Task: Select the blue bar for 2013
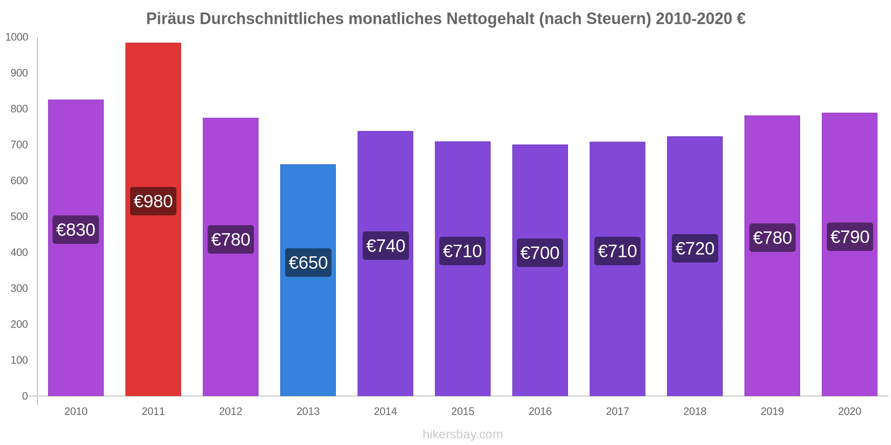(308, 320)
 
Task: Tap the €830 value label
(76, 230)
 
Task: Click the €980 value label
(153, 201)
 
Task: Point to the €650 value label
(308, 263)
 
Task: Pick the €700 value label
(540, 253)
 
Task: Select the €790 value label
(850, 237)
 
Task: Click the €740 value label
(385, 246)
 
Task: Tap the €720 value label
(695, 248)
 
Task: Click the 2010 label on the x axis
(76, 411)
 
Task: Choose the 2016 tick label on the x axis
(540, 411)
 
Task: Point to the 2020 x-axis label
(850, 411)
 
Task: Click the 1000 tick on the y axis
(16, 37)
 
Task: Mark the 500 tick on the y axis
(19, 217)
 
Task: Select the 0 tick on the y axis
(25, 396)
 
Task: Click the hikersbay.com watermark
(462, 434)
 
